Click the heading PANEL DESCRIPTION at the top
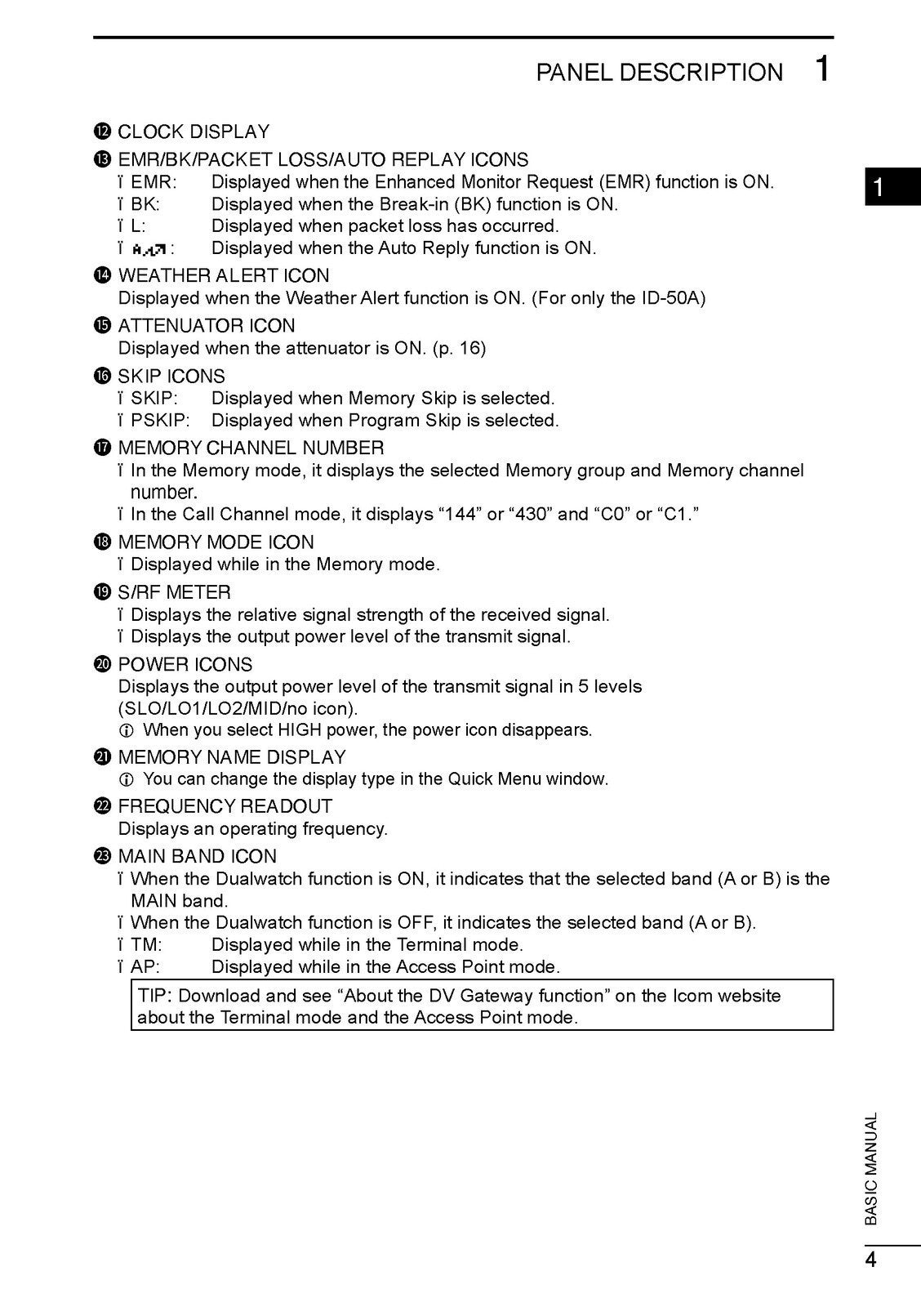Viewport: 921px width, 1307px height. (659, 73)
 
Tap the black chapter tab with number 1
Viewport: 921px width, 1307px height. (892, 188)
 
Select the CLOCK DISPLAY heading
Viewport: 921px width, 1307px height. (194, 132)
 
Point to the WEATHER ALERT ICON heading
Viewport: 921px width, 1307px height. (224, 275)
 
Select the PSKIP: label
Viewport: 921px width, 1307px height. (160, 421)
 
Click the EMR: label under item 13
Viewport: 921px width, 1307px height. (153, 182)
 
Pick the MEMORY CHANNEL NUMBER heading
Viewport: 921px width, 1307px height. (251, 448)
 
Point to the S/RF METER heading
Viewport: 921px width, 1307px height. (174, 592)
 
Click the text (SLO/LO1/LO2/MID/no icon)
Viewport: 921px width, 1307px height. (238, 708)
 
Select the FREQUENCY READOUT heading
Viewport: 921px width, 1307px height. (225, 806)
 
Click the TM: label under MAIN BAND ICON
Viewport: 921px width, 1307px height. (146, 945)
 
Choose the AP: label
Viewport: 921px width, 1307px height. (145, 967)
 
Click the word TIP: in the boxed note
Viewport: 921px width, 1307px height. (155, 996)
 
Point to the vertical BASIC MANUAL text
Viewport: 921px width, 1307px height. (871, 1168)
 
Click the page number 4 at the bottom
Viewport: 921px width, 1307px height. (870, 1260)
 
